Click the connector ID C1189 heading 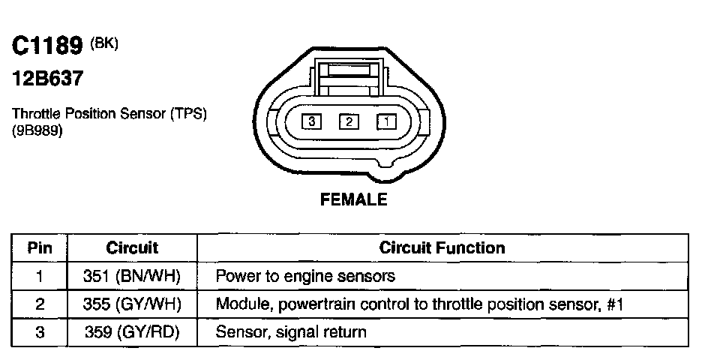point(46,46)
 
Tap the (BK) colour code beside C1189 point(104,43)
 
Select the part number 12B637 point(47,78)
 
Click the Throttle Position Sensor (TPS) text point(109,114)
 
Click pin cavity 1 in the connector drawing point(386,120)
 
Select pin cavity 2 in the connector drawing point(349,120)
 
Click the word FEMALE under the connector point(353,199)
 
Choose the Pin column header point(40,247)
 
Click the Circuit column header point(132,247)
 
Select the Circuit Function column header point(442,247)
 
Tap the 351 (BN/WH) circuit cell point(132,276)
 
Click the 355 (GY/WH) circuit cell point(132,304)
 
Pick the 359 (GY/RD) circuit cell point(132,331)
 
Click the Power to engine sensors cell point(305,276)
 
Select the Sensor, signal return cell point(291,331)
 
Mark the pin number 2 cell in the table point(40,304)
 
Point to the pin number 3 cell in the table point(40,331)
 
